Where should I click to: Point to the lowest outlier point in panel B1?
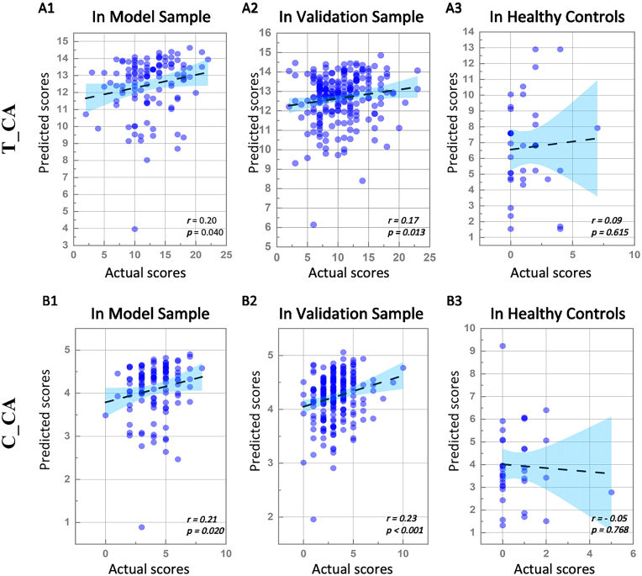click(x=141, y=527)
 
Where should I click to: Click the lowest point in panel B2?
click(x=313, y=519)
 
